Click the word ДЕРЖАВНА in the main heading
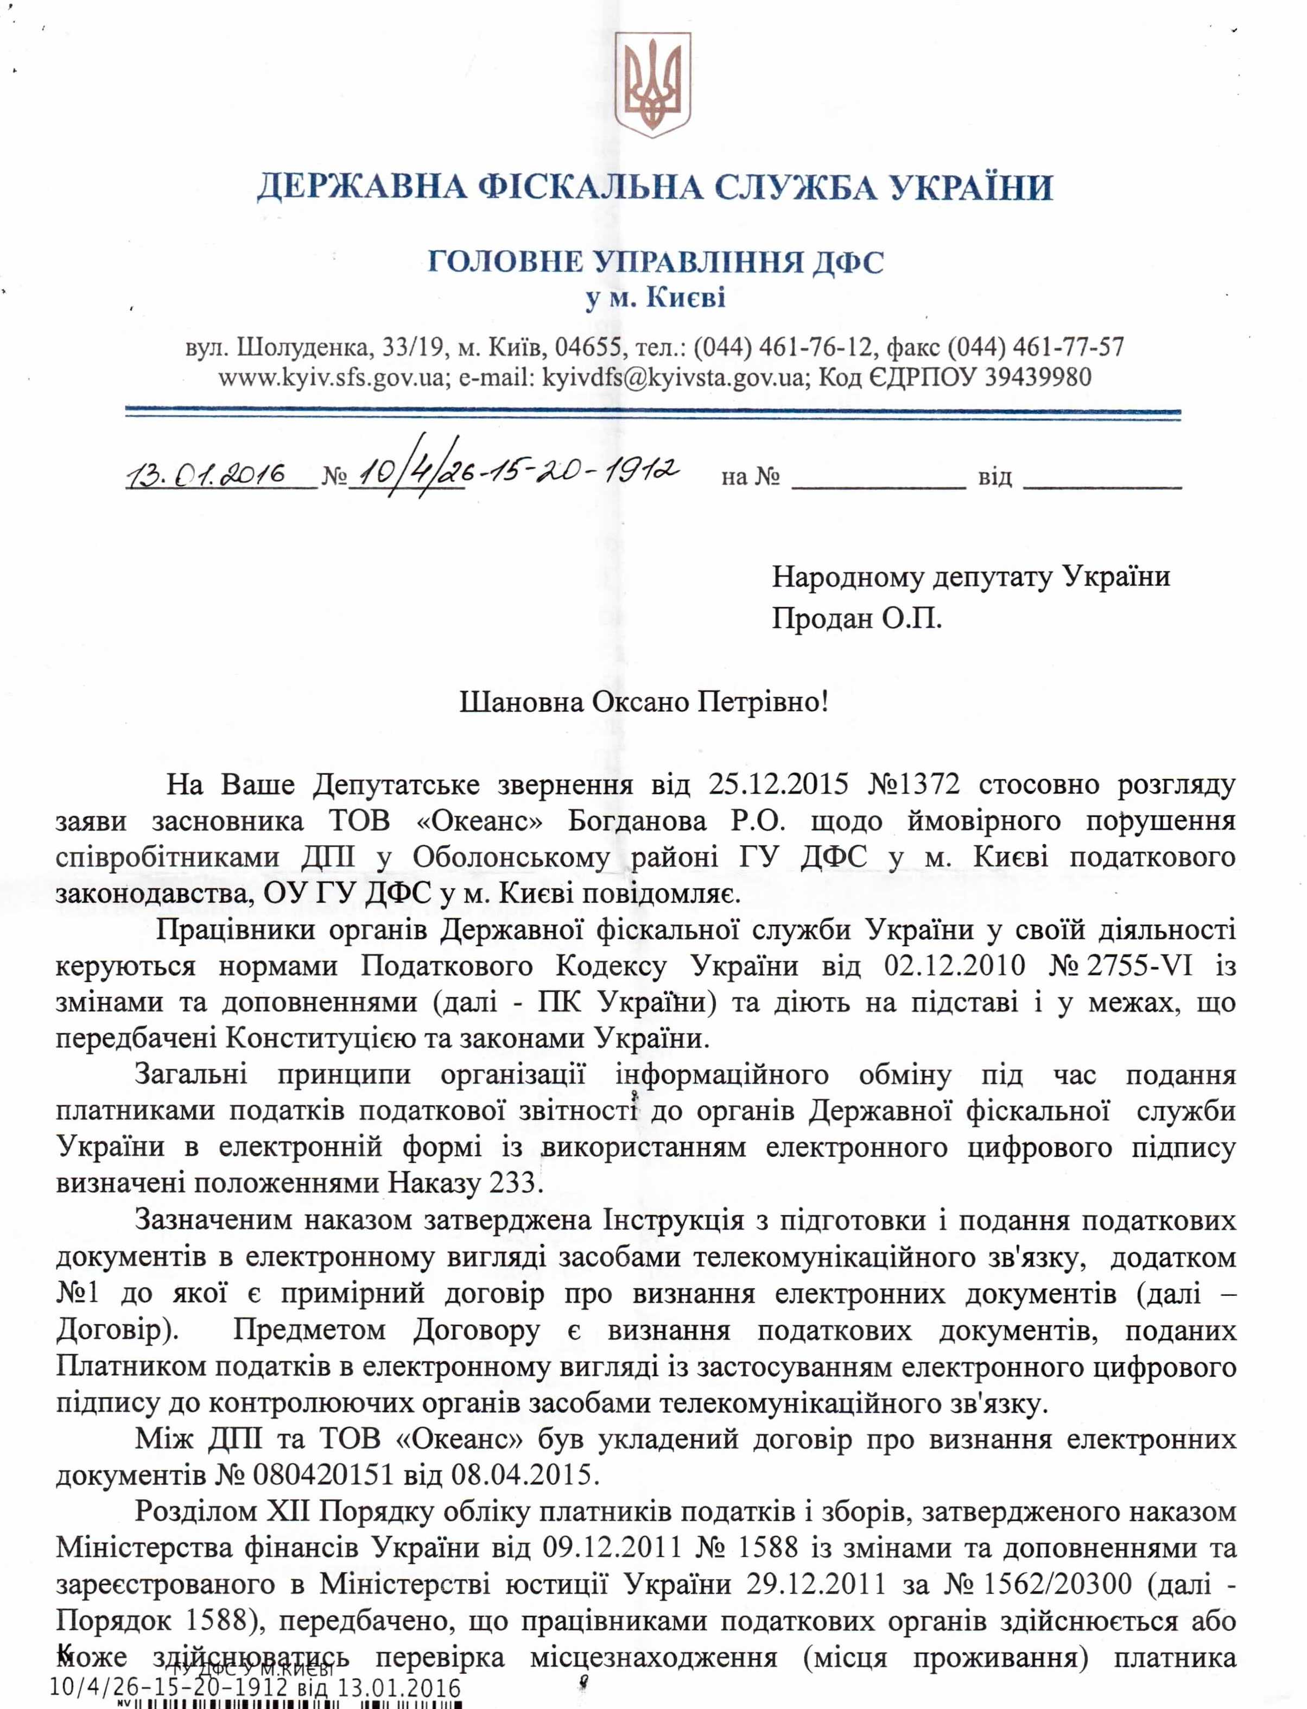click(x=361, y=187)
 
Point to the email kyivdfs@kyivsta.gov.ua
click(x=672, y=378)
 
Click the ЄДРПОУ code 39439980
click(x=1039, y=378)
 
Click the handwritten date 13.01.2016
click(x=206, y=473)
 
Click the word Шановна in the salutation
click(x=521, y=702)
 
